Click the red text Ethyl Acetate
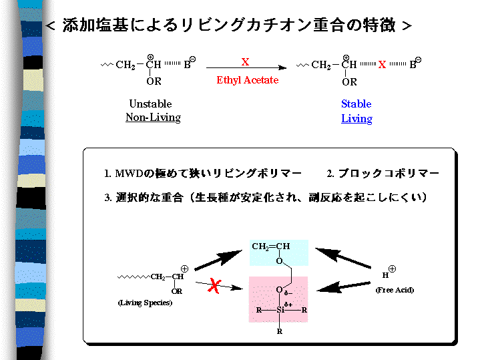click(x=247, y=80)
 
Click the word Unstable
click(x=150, y=104)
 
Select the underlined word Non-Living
click(x=153, y=118)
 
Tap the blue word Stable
click(x=356, y=104)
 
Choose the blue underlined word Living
click(x=356, y=119)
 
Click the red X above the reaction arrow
click(x=245, y=61)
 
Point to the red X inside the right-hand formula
click(x=382, y=65)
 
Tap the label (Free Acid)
click(x=394, y=290)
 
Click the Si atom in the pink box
click(x=280, y=310)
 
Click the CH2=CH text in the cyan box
click(x=270, y=247)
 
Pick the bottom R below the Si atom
click(x=279, y=331)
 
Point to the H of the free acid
click(x=385, y=275)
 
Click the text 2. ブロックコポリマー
click(x=383, y=174)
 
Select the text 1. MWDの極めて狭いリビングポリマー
click(x=203, y=174)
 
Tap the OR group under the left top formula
click(x=154, y=81)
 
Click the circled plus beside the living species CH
click(x=184, y=268)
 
